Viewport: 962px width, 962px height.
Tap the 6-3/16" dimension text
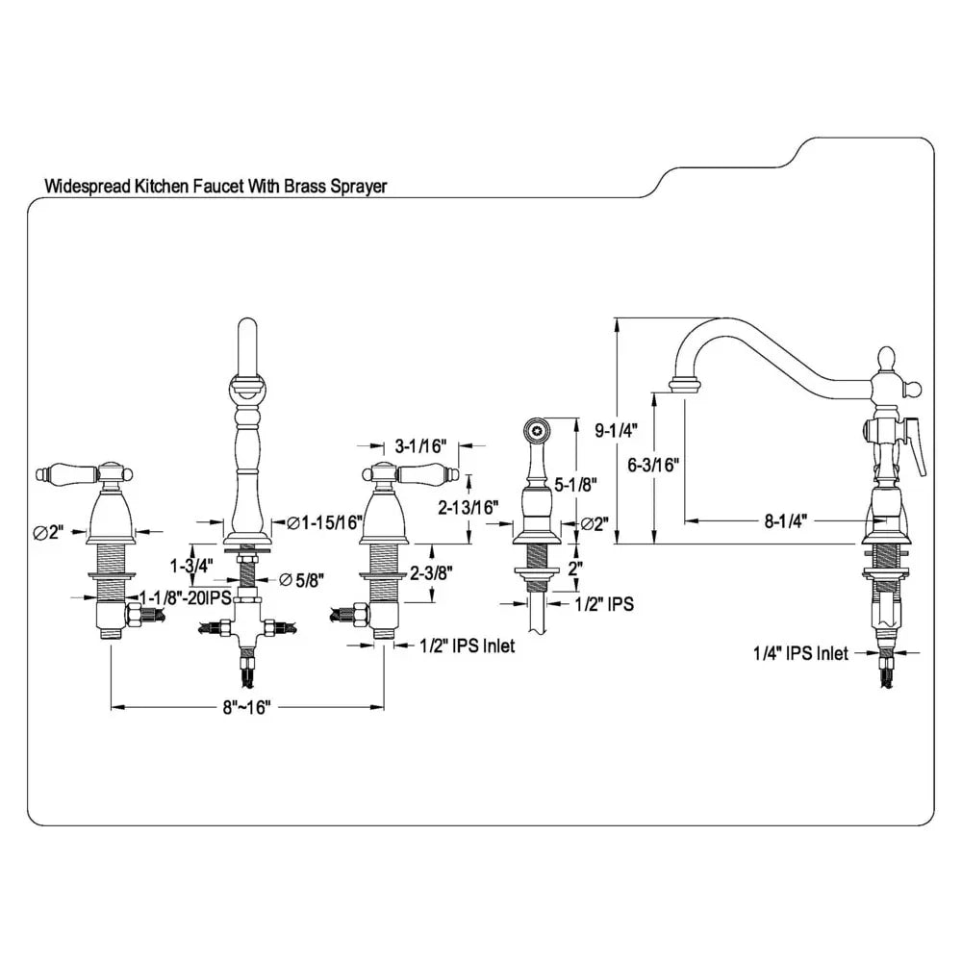click(x=654, y=465)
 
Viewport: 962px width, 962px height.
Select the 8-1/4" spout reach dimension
click(x=787, y=520)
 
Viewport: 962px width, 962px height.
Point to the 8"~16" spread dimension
click(x=247, y=708)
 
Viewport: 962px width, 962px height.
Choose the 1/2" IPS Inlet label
click(x=467, y=646)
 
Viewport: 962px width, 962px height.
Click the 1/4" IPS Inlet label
click(x=800, y=654)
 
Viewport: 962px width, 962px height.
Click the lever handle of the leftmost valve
click(x=67, y=472)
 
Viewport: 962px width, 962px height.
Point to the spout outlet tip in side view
click(x=684, y=386)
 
